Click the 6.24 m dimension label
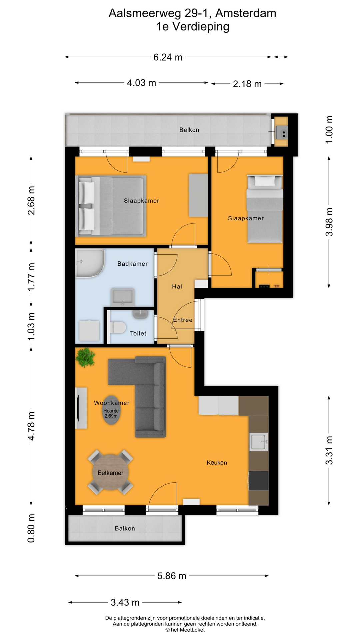[168, 57]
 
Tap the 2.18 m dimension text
[247, 84]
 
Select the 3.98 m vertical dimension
[329, 222]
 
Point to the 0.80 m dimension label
[31, 528]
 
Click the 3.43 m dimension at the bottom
[125, 602]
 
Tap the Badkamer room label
[132, 264]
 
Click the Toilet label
[138, 333]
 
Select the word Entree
[183, 320]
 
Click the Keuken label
[217, 463]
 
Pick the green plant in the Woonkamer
[85, 357]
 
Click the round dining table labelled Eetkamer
[110, 473]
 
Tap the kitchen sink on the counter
[259, 442]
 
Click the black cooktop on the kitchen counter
[259, 480]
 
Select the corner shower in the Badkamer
[89, 263]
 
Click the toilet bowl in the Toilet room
[117, 327]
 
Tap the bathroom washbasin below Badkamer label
[123, 297]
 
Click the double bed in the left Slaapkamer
[112, 206]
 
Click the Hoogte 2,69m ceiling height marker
[111, 414]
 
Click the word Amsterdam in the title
[246, 13]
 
